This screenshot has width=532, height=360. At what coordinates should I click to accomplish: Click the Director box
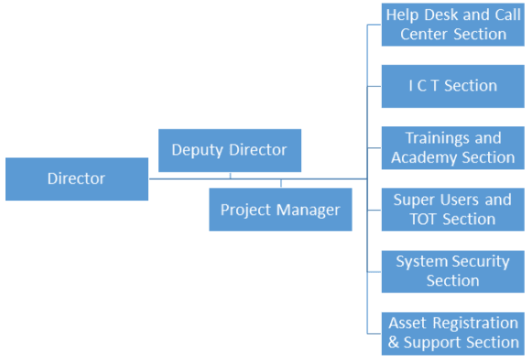point(76,179)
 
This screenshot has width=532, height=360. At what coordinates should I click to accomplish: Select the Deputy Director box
point(229,150)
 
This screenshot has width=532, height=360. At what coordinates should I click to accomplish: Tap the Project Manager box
point(280,210)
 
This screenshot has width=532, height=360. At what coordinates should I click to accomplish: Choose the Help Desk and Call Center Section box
point(453,25)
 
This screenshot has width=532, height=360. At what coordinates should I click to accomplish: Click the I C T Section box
point(453,86)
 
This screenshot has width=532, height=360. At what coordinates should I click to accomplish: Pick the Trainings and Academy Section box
point(453,147)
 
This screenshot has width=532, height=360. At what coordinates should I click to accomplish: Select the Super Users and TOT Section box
point(453,209)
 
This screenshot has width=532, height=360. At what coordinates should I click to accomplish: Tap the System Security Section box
point(453,271)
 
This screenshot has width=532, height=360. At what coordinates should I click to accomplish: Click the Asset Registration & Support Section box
point(453,333)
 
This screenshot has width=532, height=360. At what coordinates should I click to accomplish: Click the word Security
point(479,261)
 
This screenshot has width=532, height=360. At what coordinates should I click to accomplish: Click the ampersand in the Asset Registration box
point(394,343)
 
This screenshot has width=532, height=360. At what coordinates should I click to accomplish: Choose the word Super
point(414,200)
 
